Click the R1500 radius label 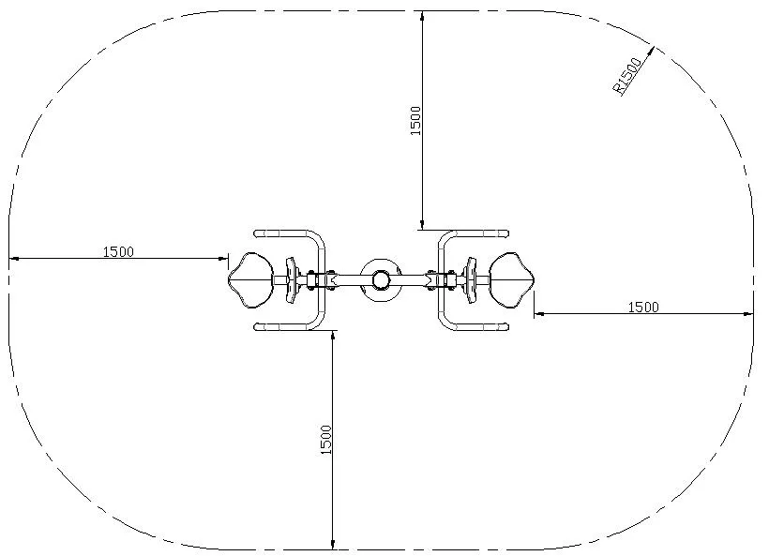pyautogui.click(x=627, y=75)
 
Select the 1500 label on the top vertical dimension pyautogui.click(x=416, y=120)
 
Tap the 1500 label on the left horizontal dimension pyautogui.click(x=118, y=251)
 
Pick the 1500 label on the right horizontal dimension pyautogui.click(x=642, y=307)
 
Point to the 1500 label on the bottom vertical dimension pyautogui.click(x=326, y=440)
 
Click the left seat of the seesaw pyautogui.click(x=250, y=279)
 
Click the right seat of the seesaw pyautogui.click(x=512, y=279)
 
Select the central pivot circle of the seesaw pyautogui.click(x=381, y=279)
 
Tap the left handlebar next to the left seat pyautogui.click(x=290, y=279)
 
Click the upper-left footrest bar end pyautogui.click(x=258, y=233)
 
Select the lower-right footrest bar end pyautogui.click(x=505, y=326)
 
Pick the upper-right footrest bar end pyautogui.click(x=505, y=233)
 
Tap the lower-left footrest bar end pyautogui.click(x=258, y=326)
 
